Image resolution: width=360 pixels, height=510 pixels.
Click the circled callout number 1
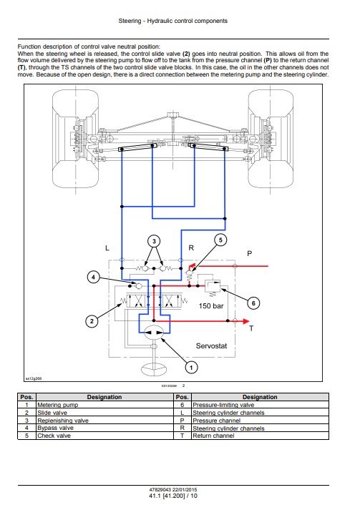click(190, 367)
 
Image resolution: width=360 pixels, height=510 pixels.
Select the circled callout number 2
click(91, 321)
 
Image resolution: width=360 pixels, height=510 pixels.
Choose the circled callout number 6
click(251, 303)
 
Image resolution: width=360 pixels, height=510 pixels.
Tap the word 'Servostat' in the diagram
click(212, 345)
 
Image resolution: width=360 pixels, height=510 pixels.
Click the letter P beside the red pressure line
click(249, 253)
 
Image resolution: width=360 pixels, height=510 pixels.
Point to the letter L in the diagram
click(107, 247)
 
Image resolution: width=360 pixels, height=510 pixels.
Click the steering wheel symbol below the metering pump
click(152, 370)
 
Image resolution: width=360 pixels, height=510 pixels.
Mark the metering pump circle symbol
click(152, 333)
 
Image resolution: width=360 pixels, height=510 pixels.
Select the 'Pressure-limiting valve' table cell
click(217, 404)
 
